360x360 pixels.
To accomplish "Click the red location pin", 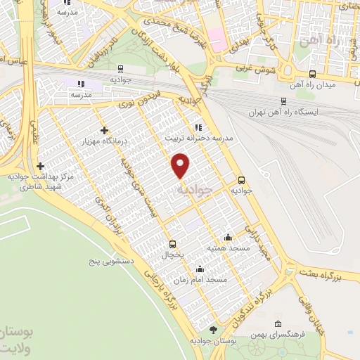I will [x=181, y=165].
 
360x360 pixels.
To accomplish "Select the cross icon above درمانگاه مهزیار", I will [x=104, y=130].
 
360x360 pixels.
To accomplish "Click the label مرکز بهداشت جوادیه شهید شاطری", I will [x=40, y=183].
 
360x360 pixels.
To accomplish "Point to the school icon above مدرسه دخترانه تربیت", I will [x=199, y=128].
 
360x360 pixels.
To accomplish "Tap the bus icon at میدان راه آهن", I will [x=312, y=74].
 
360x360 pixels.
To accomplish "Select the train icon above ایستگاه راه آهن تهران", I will [x=283, y=101].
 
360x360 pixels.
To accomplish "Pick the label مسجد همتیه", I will [x=226, y=248].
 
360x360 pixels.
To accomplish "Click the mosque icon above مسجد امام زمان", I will [x=200, y=268].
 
